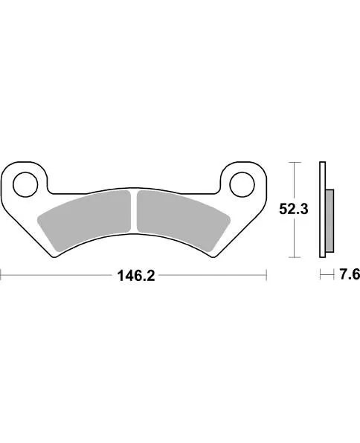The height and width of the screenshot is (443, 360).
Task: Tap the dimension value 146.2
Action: coord(135,276)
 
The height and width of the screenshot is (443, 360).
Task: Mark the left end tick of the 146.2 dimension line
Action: coord(1,275)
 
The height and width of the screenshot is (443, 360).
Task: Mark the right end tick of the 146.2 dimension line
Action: coord(266,275)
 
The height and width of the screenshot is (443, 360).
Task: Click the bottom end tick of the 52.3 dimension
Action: coord(295,257)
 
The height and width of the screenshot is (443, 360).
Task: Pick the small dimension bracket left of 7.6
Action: coord(324,275)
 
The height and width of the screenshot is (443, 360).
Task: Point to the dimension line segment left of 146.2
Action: coord(56,275)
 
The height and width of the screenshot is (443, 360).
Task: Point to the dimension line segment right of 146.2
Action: coord(212,275)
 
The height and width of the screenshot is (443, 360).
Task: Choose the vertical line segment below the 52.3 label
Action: coord(295,239)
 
